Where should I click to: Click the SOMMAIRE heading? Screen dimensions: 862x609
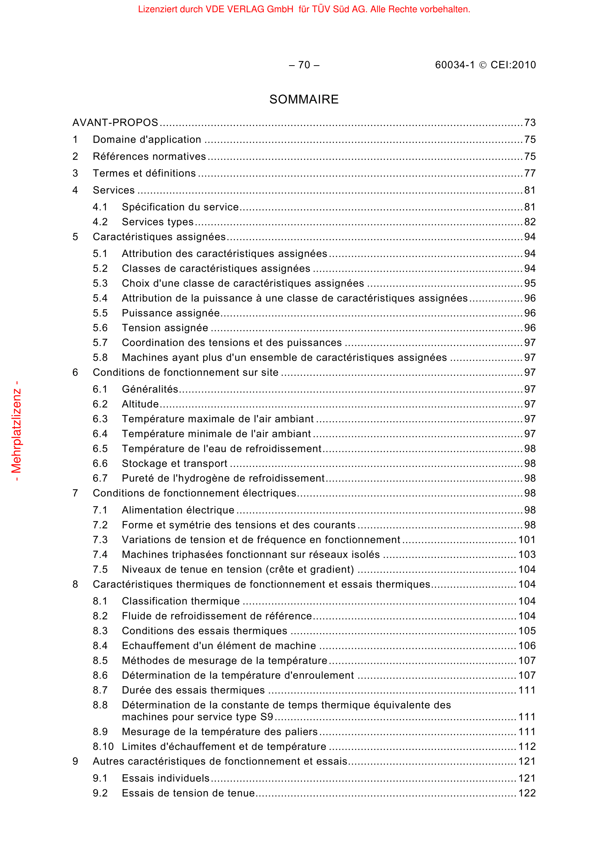tap(304, 100)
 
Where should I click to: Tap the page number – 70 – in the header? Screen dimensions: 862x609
tap(304, 65)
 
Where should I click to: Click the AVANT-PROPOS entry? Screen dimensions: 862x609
tap(115, 123)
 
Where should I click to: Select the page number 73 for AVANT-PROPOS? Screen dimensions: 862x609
tap(529, 123)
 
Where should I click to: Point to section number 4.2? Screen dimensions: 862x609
tap(100, 222)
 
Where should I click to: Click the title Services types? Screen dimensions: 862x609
tap(158, 222)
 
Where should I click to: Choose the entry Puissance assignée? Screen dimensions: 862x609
tap(170, 313)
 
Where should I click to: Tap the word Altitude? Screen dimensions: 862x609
tap(140, 404)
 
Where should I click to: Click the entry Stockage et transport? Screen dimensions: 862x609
tap(175, 464)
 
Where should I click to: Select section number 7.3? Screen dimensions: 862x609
tap(100, 540)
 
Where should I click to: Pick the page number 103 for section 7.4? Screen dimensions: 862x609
tap(527, 555)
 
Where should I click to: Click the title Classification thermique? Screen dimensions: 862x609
tap(181, 601)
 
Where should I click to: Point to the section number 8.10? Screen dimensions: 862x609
tap(103, 746)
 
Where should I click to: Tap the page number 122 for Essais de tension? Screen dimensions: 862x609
tap(527, 793)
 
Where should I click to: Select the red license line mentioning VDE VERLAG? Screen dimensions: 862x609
tap(304, 9)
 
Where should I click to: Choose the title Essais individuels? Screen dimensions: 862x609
tap(165, 778)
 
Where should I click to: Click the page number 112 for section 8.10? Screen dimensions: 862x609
tap(527, 746)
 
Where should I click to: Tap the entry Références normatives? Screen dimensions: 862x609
tap(149, 157)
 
